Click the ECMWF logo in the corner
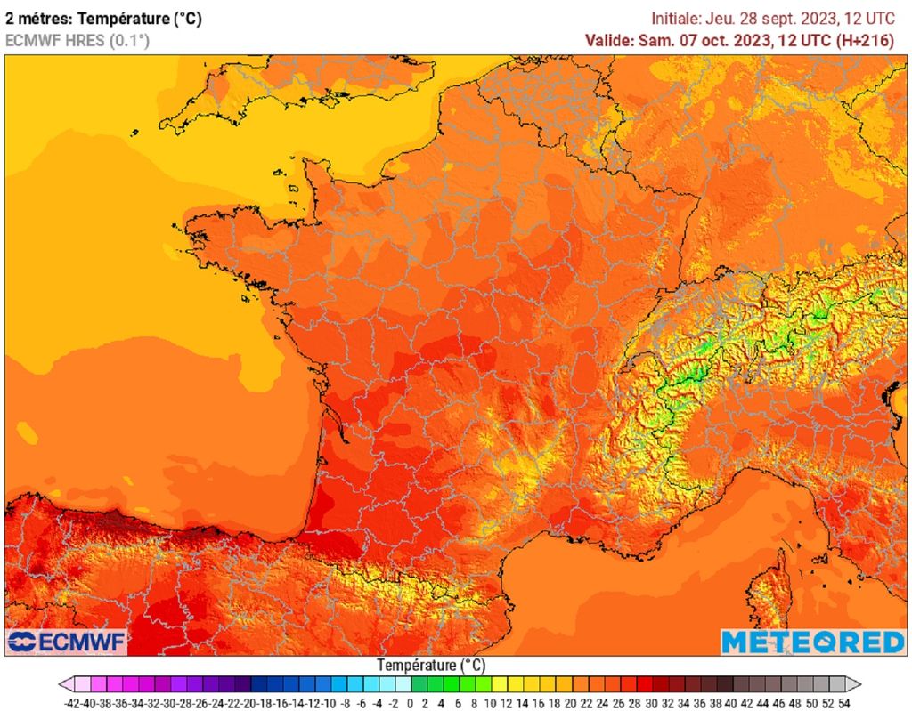pyautogui.click(x=68, y=642)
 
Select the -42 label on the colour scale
pyautogui.click(x=74, y=703)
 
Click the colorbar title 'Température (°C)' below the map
pyautogui.click(x=431, y=665)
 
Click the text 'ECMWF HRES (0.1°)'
pyautogui.click(x=77, y=40)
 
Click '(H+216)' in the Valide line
pyautogui.click(x=864, y=40)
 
